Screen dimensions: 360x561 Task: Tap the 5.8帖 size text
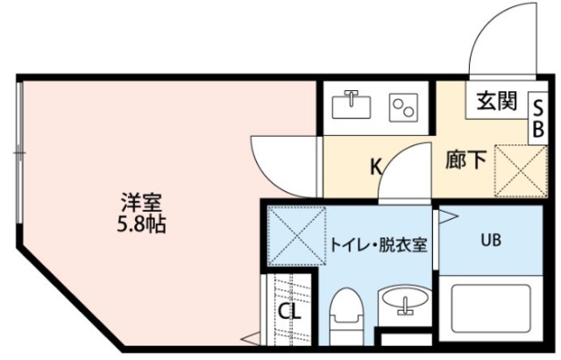coord(140,223)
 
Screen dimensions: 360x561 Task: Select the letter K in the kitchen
coord(375,165)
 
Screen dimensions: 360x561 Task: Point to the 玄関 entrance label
coord(496,102)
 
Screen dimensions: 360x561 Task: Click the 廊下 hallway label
coord(466,160)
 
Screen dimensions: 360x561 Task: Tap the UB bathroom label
coord(490,240)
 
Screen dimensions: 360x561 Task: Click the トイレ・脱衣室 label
coord(378,245)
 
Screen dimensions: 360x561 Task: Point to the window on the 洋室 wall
coord(18,154)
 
